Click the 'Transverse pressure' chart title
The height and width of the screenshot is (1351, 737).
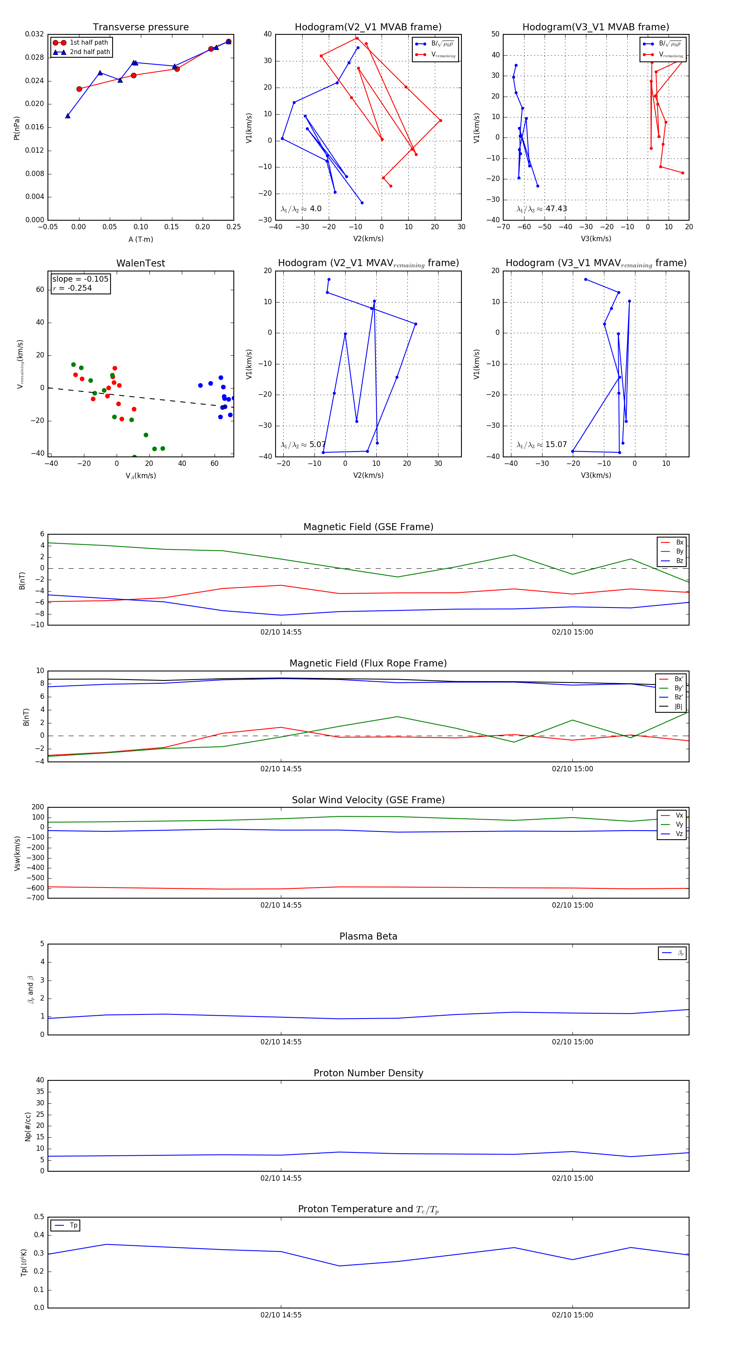click(140, 27)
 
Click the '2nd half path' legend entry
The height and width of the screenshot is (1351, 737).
click(90, 52)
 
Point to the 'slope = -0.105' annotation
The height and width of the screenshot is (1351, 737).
click(80, 279)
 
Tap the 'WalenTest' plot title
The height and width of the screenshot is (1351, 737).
click(140, 263)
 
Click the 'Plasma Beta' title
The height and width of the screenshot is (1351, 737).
click(368, 936)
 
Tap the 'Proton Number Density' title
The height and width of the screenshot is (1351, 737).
click(368, 1073)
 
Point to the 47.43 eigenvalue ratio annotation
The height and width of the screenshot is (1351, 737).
click(556, 209)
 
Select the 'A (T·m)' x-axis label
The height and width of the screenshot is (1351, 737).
click(140, 239)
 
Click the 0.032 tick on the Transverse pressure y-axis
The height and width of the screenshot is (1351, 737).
click(35, 34)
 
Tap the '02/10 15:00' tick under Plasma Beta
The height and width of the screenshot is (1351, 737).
click(572, 1041)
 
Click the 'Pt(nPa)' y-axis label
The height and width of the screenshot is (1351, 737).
click(17, 128)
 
